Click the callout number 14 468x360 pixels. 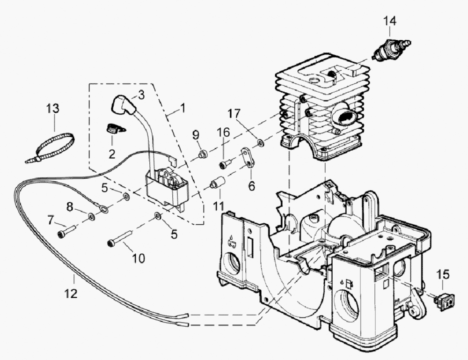[x=390, y=21]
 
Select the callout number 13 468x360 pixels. [x=53, y=109]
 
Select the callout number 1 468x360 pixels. [x=183, y=108]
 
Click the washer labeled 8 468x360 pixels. [x=90, y=216]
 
